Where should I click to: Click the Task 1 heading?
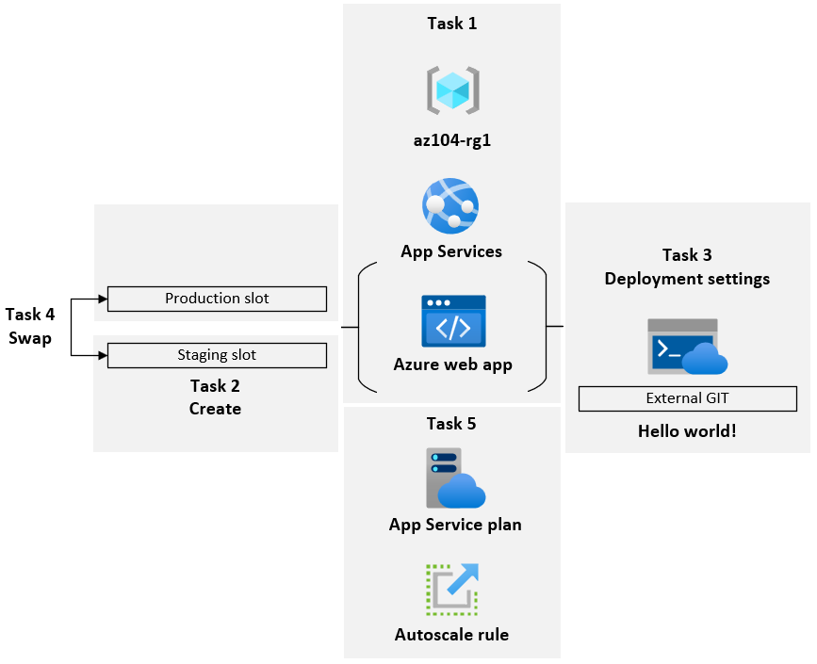pos(451,24)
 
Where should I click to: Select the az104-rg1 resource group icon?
pos(452,90)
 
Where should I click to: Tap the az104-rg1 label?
pos(452,141)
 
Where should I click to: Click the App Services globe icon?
pos(450,205)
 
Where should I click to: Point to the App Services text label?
pos(451,251)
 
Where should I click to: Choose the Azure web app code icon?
pos(453,321)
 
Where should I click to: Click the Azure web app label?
pos(452,364)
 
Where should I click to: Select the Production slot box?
pos(217,299)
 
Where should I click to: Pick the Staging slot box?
pos(217,355)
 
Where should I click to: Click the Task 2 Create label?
pos(215,397)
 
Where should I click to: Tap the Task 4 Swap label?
pos(29,326)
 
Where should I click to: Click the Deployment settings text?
pos(687,279)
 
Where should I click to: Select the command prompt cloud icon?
pos(687,347)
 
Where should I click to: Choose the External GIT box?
pos(687,398)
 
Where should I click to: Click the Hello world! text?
pos(687,431)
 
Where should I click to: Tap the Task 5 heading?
pos(451,424)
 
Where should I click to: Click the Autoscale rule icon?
pos(451,590)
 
